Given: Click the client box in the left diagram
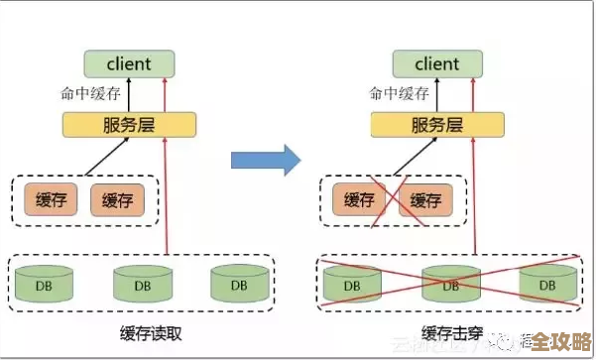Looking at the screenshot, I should click(129, 64).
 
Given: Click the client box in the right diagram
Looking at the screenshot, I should click(437, 64).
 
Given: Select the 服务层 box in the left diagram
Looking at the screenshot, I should click(129, 125).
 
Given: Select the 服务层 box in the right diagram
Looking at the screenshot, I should click(437, 125).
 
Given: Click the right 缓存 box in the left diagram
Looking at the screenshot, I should click(117, 200).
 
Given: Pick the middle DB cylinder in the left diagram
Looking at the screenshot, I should click(141, 284).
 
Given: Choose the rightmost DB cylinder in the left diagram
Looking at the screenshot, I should click(238, 284).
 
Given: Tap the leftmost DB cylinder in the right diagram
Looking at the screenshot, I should click(352, 284).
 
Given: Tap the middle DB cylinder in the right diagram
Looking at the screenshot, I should click(449, 284).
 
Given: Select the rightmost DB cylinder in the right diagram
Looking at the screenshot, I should click(546, 284).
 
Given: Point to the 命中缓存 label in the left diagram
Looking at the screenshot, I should click(90, 94).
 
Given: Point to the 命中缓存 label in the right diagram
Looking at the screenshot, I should click(399, 94).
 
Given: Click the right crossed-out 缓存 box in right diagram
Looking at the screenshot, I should click(425, 200).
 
